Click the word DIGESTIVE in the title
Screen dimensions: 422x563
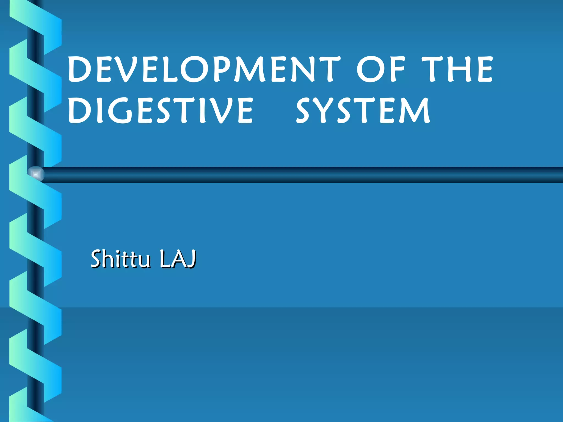[x=160, y=111]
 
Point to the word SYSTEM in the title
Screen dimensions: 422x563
[x=363, y=111]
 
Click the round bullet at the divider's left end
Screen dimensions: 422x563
[x=36, y=174]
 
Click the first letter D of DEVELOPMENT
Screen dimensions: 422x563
[x=80, y=69]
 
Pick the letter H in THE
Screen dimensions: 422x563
[x=459, y=69]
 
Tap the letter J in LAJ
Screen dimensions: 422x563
[x=191, y=259]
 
